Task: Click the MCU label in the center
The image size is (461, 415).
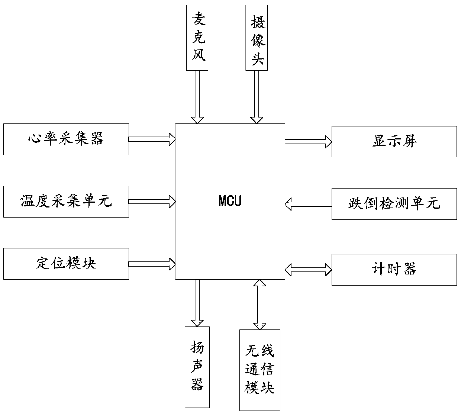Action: pos(230,201)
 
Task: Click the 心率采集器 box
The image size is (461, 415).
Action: pos(66,139)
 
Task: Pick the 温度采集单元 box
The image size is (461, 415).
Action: pos(66,202)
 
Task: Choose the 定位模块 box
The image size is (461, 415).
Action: pos(66,264)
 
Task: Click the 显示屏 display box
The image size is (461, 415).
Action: pos(394,141)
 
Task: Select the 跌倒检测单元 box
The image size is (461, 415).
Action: pos(394,204)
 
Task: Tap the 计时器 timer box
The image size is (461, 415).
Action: pos(394,270)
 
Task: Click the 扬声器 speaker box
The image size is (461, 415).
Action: pos(197,367)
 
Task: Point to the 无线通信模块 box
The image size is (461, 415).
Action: pos(259,370)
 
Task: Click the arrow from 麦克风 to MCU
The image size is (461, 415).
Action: pos(197,97)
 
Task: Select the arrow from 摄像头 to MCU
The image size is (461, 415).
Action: pos(257,97)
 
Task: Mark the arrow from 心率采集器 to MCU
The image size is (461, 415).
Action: pos(152,139)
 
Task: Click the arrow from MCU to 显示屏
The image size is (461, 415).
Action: pos(308,141)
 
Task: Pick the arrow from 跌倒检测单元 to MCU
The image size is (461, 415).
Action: pos(308,204)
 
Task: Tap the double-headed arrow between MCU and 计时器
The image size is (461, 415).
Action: pos(308,270)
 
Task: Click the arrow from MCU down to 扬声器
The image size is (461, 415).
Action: pos(197,303)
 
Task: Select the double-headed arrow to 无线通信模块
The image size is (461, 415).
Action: pos(259,304)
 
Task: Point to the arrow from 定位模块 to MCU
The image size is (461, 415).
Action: pos(152,264)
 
